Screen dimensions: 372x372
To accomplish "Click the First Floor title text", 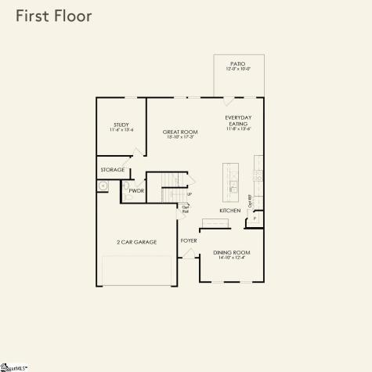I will pyautogui.click(x=52, y=16).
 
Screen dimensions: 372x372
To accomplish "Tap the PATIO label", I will pyautogui.click(x=238, y=63).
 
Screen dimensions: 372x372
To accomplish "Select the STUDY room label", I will pyautogui.click(x=121, y=124).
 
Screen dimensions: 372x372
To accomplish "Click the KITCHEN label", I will pyautogui.click(x=230, y=211).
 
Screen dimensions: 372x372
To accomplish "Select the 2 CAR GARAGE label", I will pyautogui.click(x=137, y=242).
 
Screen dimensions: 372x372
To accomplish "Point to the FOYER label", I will pyautogui.click(x=189, y=240).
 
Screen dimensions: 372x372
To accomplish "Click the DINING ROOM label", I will pyautogui.click(x=230, y=252).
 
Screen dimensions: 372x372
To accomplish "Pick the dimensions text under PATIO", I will pyautogui.click(x=238, y=70).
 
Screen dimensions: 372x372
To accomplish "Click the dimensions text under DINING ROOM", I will pyautogui.click(x=230, y=258).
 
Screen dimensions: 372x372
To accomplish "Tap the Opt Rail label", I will pyautogui.click(x=186, y=209).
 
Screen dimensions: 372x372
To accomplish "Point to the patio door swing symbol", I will pyautogui.click(x=229, y=102).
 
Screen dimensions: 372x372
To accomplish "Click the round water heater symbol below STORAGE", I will pyautogui.click(x=103, y=186).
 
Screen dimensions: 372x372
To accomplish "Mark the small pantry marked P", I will pyautogui.click(x=255, y=219).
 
